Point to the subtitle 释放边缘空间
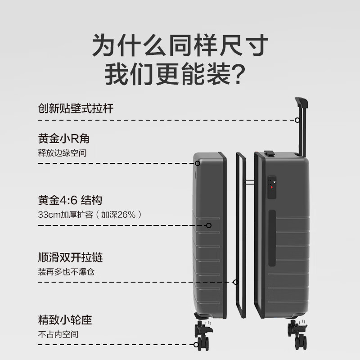click(62, 153)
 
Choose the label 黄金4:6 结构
click(73, 200)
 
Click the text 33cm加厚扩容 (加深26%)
click(90, 215)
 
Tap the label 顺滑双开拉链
click(71, 258)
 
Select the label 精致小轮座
click(65, 321)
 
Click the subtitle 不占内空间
click(58, 335)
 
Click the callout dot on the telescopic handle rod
click(297, 120)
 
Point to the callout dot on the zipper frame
click(235, 282)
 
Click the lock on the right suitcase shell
click(271, 187)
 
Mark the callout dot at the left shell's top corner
click(197, 163)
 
